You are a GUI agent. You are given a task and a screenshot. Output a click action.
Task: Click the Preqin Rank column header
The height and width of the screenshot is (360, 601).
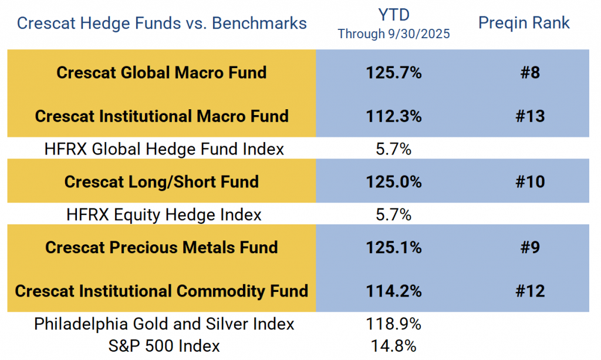[524, 23]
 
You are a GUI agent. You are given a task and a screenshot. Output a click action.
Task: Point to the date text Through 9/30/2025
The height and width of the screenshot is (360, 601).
[393, 34]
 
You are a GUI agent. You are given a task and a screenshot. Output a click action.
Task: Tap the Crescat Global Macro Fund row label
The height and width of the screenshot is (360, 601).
[161, 72]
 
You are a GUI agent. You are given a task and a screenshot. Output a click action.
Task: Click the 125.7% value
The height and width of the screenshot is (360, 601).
[393, 73]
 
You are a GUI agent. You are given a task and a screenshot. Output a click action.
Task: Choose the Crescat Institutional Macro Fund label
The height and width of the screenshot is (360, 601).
[161, 116]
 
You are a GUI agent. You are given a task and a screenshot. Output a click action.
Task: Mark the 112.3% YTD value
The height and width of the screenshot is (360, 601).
[393, 116]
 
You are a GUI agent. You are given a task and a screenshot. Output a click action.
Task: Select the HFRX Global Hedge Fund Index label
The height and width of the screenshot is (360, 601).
[164, 149]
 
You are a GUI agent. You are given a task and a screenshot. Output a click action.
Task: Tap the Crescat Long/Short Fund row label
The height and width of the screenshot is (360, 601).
[161, 181]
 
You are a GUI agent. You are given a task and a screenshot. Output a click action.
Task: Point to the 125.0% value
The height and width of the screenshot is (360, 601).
[393, 182]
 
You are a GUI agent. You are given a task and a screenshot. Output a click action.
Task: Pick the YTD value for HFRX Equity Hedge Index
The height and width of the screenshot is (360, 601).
[393, 215]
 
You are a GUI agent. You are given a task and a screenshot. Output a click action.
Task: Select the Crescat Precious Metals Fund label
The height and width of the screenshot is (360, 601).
[161, 247]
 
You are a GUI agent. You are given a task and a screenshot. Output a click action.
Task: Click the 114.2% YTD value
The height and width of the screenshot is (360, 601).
[393, 291]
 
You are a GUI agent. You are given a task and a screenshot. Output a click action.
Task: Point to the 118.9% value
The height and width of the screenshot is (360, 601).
[393, 324]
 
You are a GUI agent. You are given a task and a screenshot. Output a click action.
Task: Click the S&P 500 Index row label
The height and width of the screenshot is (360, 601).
[164, 346]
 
